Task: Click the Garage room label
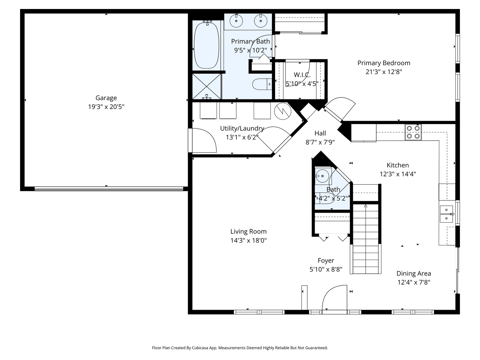tap(106, 98)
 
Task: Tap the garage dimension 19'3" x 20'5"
tap(106, 107)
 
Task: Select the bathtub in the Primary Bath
tap(206, 45)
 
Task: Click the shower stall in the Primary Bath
tap(207, 86)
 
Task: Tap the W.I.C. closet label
tap(302, 75)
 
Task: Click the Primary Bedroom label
tap(384, 63)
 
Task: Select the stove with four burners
tap(413, 132)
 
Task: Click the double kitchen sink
tap(446, 214)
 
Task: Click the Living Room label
tap(248, 232)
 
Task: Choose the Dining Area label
tap(414, 274)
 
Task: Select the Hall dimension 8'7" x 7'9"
tap(320, 142)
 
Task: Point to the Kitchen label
tap(398, 165)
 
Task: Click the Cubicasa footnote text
tap(240, 348)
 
